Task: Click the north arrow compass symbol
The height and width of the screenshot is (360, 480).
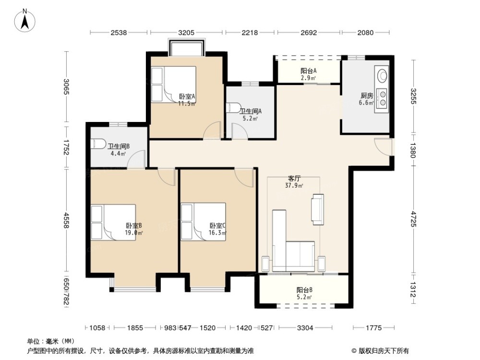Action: (x=25, y=21)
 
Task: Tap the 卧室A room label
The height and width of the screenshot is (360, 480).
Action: (x=187, y=97)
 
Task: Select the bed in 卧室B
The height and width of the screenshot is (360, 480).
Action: (x=113, y=222)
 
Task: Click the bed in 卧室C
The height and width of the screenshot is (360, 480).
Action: (x=204, y=222)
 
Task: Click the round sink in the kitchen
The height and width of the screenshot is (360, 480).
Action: (x=382, y=76)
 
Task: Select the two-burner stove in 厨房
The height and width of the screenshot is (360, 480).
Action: (x=382, y=98)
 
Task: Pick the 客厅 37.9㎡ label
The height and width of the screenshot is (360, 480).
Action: (x=294, y=182)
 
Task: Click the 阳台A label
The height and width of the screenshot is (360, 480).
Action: (x=309, y=71)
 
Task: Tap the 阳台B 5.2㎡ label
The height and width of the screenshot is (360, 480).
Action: (x=304, y=293)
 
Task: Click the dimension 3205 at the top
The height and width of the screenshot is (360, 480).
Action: (x=186, y=33)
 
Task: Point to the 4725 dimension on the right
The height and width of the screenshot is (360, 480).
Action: (x=414, y=219)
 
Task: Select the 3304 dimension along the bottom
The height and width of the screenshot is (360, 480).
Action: (x=305, y=328)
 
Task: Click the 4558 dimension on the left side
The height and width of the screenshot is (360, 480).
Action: (x=66, y=220)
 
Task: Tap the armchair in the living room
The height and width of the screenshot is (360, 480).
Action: (x=318, y=209)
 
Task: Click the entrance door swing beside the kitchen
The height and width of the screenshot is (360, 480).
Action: (x=383, y=147)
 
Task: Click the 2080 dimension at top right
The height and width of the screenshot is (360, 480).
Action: (x=365, y=33)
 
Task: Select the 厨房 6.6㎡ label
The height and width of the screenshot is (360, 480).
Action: (x=366, y=99)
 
